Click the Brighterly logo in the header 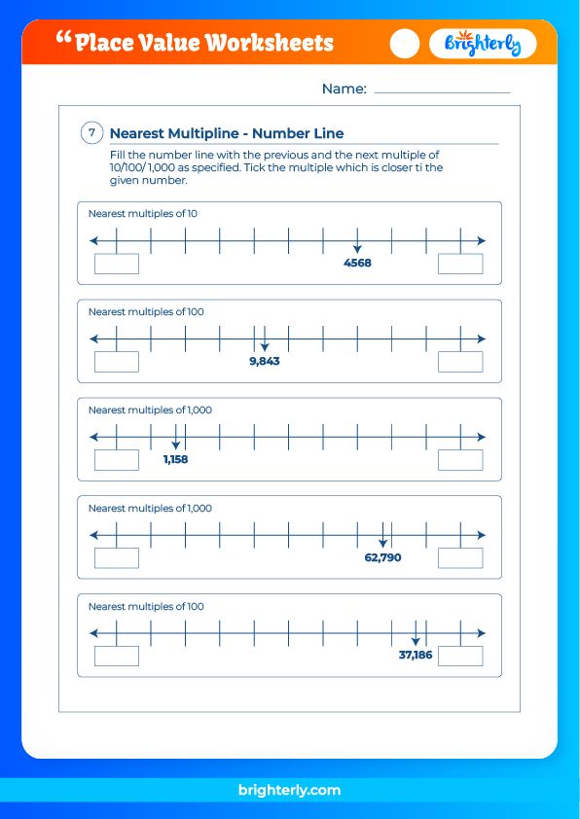coord(483,44)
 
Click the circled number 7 coord(91,133)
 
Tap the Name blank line coord(442,91)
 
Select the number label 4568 coord(357,263)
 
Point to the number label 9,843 coord(265,361)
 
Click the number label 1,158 coord(176,459)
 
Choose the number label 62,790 coord(382,557)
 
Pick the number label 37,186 coord(416,656)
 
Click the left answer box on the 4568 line coord(117,264)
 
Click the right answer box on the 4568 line coord(460,264)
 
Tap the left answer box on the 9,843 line coord(117,362)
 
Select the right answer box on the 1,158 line coord(460,460)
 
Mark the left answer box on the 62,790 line coord(117,558)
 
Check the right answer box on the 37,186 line coord(460,657)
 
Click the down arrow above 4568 coord(357,247)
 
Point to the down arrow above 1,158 coord(175,444)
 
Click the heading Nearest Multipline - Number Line coord(227,134)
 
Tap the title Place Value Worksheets coord(203,43)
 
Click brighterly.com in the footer coord(289,791)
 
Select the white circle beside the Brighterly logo coord(404,44)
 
